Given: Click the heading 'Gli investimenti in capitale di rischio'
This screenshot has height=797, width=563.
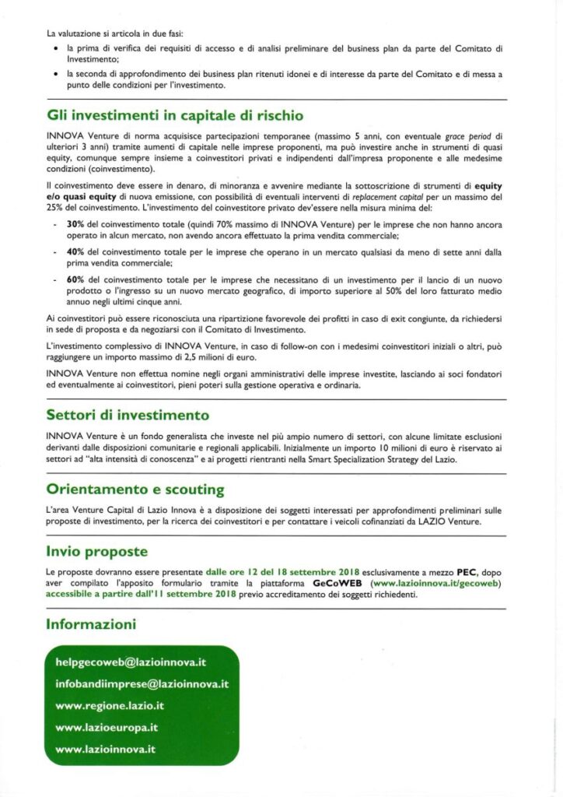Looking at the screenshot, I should click(x=174, y=116).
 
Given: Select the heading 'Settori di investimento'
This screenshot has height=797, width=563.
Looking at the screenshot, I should click(x=128, y=415).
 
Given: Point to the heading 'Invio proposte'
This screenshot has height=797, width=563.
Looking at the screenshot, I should click(x=96, y=552).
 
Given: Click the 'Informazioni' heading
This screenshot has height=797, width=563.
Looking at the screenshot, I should click(x=91, y=623).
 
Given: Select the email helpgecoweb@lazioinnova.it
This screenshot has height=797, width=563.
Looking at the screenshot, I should click(x=131, y=662).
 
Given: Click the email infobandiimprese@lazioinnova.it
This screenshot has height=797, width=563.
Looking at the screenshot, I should click(x=142, y=684).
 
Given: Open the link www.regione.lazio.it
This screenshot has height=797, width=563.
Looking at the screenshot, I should click(x=110, y=706).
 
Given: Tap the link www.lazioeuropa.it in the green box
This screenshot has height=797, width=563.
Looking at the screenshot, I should click(x=107, y=728).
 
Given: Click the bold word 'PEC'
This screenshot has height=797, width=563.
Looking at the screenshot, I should click(x=454, y=572).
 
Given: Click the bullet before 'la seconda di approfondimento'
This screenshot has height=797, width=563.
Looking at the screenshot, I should click(x=58, y=74).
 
